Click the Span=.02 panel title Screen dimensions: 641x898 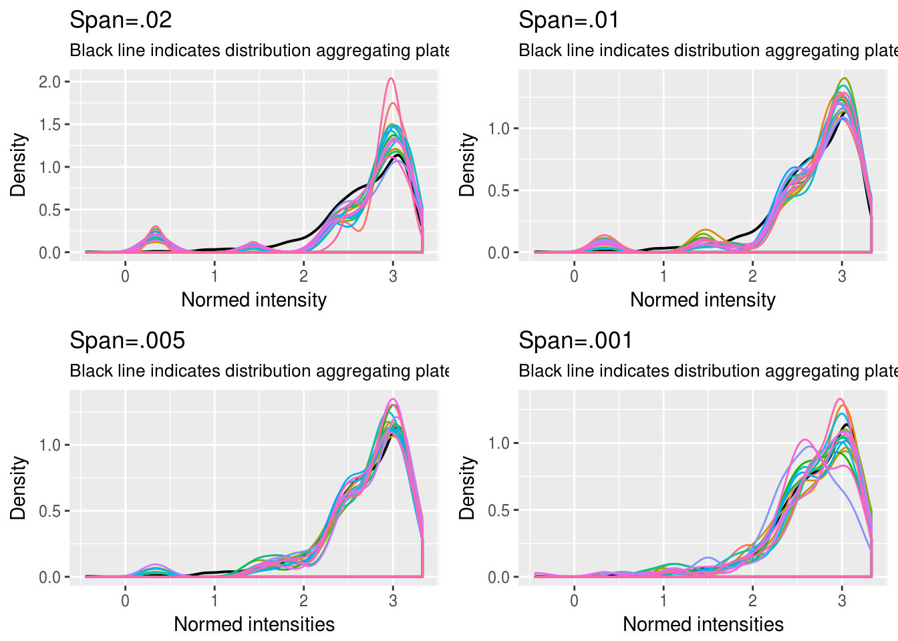121,20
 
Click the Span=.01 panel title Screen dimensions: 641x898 569,20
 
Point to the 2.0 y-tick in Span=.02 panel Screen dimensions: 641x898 49,82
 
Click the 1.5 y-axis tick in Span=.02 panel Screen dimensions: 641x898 49,125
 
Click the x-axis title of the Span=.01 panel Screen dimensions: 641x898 702,300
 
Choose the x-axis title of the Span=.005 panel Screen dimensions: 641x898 254,624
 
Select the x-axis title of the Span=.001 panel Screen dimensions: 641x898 703,624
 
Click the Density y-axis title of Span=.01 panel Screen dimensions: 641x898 467,165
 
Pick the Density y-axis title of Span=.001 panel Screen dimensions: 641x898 467,487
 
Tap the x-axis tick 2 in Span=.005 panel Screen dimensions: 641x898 304,600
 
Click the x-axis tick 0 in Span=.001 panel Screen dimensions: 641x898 575,600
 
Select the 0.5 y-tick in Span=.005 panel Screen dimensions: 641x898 49,511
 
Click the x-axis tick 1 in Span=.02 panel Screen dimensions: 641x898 214,276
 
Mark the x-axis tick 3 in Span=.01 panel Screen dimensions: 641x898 842,276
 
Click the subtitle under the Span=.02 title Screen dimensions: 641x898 259,51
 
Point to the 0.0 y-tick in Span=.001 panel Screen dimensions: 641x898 498,578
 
